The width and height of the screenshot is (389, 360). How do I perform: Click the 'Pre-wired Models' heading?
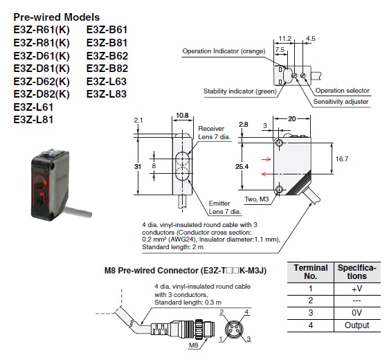[56, 17]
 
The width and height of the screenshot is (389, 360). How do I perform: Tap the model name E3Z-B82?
[107, 69]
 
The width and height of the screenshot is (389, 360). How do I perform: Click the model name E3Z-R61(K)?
[42, 30]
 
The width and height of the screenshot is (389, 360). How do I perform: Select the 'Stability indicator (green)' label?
[239, 91]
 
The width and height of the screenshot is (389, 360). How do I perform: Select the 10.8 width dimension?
[182, 116]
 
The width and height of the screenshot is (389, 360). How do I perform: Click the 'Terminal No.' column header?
[311, 272]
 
